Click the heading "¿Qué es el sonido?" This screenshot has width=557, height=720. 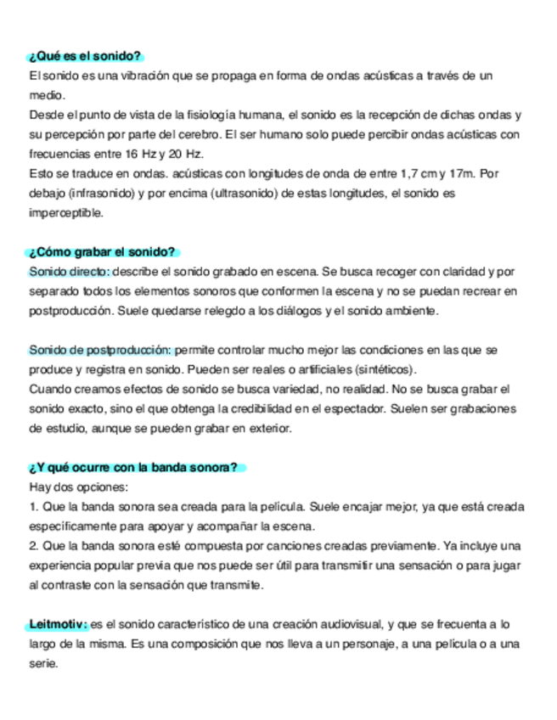point(85,57)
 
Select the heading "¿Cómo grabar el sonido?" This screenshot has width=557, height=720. point(102,252)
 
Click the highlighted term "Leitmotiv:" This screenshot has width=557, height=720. point(58,624)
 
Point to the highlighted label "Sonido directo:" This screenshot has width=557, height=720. point(69,272)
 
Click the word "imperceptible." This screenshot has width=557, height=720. point(66,213)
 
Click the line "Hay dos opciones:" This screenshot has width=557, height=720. point(78,487)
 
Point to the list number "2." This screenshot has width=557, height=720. point(34,546)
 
